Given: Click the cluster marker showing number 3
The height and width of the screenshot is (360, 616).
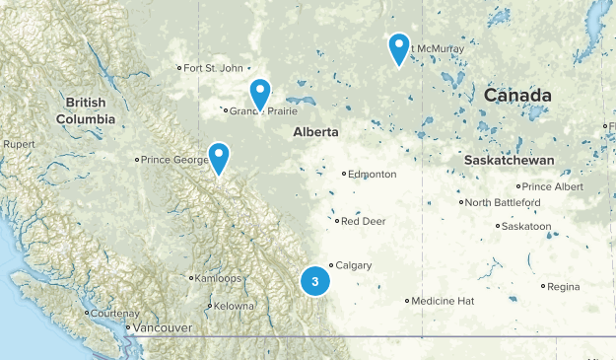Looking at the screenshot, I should click(x=314, y=281).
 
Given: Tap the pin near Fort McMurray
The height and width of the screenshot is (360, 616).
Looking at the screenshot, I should click(x=398, y=47).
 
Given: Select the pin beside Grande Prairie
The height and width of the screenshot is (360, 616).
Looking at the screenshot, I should click(x=259, y=94).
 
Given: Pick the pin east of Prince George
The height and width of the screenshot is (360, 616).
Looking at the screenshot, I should click(x=218, y=157).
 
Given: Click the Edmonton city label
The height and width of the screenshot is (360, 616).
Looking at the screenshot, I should click(x=373, y=175).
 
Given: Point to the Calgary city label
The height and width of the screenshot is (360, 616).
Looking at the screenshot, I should click(x=353, y=266).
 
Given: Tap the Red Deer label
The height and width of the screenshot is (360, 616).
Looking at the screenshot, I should click(x=362, y=221).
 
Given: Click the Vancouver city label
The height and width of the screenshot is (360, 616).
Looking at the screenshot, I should click(x=163, y=327).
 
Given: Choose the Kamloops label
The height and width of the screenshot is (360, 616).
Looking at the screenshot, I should click(x=219, y=278).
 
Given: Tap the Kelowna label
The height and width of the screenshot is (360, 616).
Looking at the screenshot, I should click(x=234, y=307).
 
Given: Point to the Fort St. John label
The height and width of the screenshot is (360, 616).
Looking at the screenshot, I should click(x=212, y=68).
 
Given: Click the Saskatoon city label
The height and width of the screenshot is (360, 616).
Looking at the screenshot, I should click(x=525, y=226).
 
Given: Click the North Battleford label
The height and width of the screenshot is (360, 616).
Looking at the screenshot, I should click(x=503, y=202).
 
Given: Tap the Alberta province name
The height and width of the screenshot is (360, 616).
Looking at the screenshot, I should click(x=315, y=131).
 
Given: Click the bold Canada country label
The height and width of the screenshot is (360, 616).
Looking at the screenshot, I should click(x=517, y=95).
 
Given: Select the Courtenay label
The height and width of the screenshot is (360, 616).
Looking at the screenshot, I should click(x=115, y=313).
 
